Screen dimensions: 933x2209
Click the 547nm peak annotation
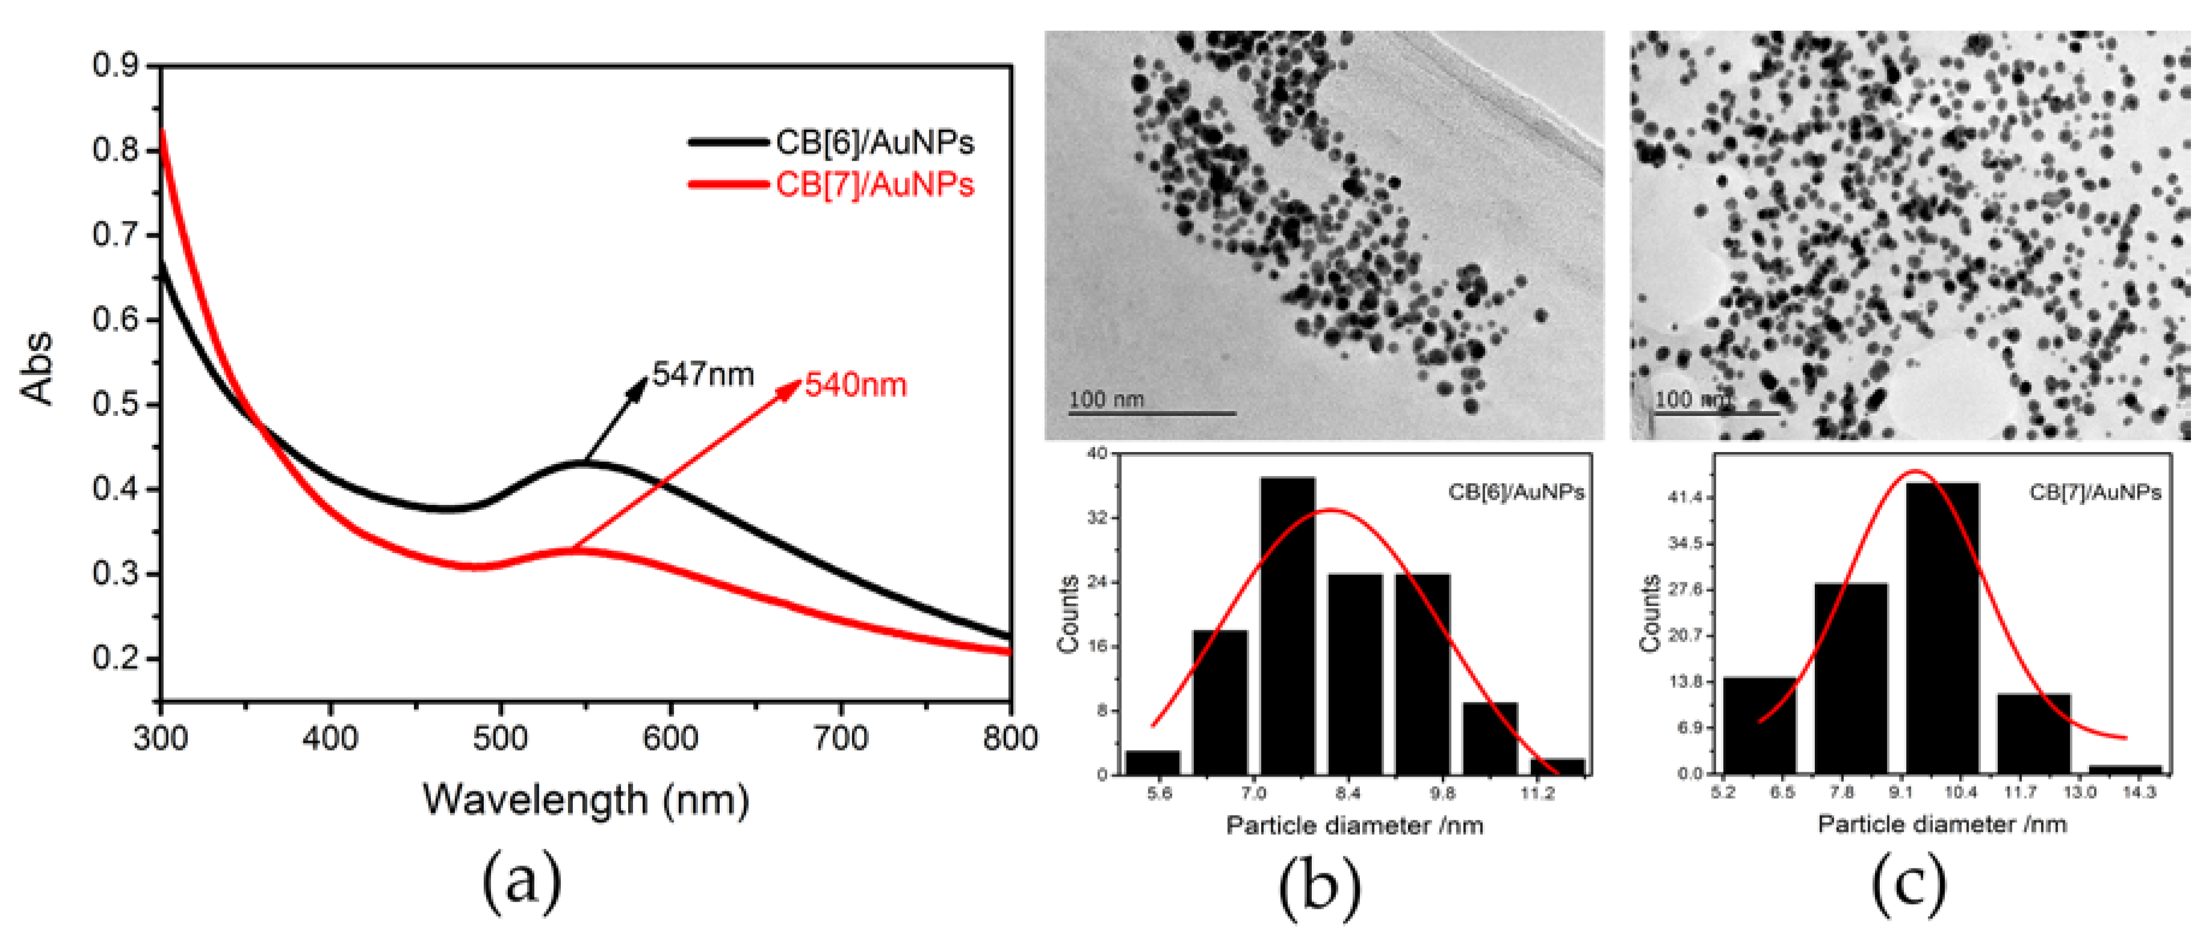click(x=702, y=375)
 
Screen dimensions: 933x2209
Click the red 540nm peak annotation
click(x=855, y=385)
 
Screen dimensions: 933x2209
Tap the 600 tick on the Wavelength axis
click(x=670, y=737)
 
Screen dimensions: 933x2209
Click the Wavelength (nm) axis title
click(x=585, y=799)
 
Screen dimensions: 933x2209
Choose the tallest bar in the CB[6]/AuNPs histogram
click(x=1287, y=626)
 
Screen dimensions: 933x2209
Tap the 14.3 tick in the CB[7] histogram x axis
click(x=2139, y=792)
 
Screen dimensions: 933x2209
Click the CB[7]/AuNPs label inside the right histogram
click(x=2094, y=492)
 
